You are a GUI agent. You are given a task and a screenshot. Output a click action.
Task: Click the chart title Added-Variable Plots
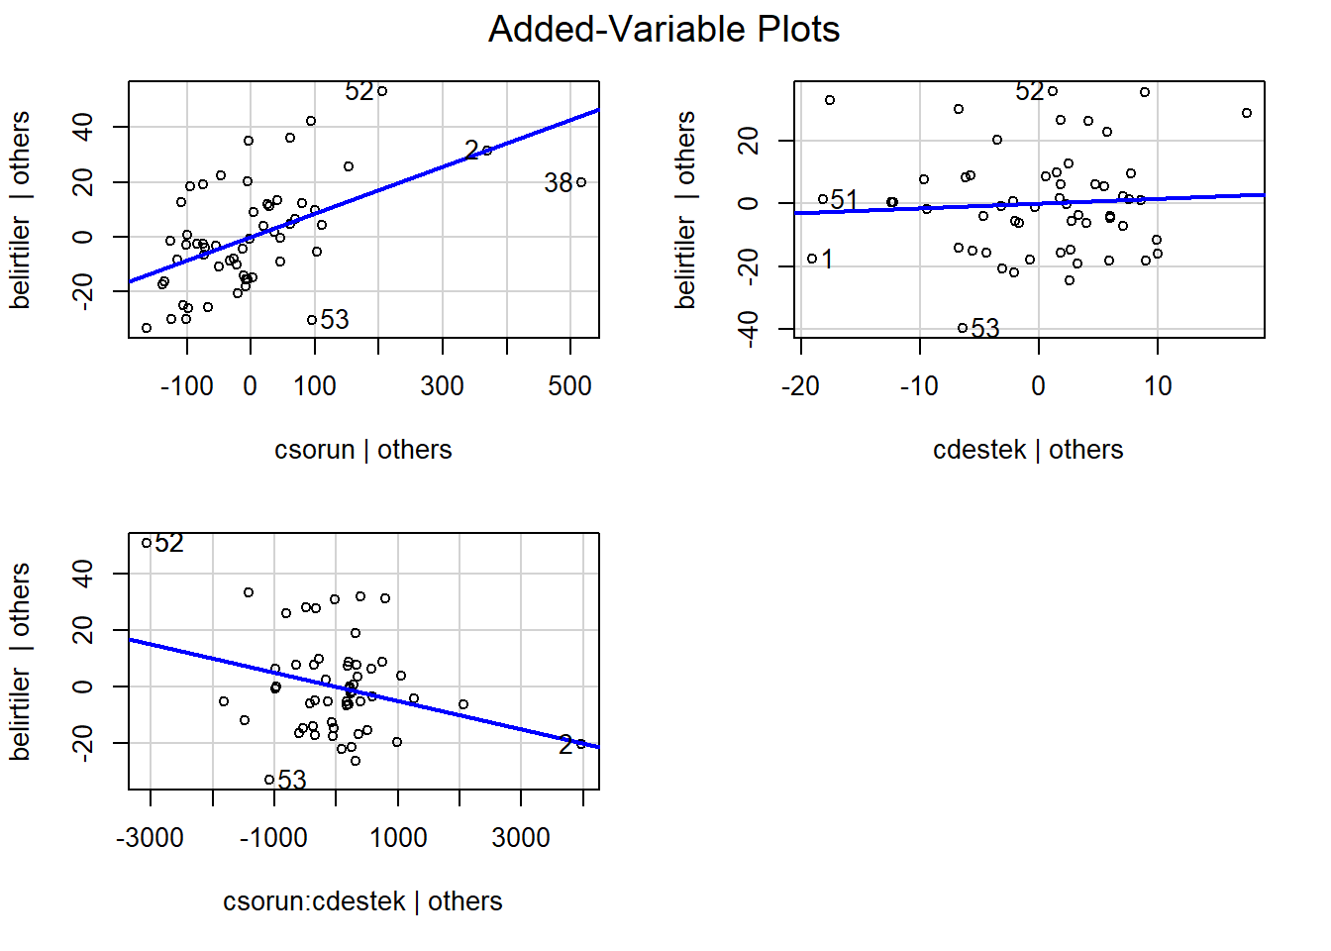tap(664, 30)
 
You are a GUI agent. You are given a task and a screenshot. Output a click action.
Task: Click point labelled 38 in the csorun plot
tap(581, 182)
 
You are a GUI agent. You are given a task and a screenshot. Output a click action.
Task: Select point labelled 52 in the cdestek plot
tap(1053, 92)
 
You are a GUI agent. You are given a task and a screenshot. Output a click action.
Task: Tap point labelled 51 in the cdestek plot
tap(823, 200)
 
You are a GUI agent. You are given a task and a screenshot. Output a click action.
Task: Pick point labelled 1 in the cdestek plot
tap(812, 259)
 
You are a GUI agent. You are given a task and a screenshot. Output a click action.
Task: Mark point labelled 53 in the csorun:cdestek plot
tap(269, 780)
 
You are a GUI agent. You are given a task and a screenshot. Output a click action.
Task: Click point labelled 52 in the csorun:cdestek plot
tap(147, 543)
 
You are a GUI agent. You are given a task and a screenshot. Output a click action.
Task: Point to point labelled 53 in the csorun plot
tap(312, 320)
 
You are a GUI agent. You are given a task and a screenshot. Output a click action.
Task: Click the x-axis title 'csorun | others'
tap(362, 450)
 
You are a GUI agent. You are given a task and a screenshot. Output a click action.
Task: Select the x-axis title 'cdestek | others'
tap(1028, 450)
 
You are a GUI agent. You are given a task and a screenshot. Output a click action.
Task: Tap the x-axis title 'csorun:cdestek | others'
tap(362, 901)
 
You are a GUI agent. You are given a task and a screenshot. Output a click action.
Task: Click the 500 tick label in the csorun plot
tap(569, 386)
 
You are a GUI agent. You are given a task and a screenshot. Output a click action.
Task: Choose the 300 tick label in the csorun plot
tap(442, 386)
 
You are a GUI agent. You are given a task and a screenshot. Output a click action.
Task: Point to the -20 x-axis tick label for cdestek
tap(800, 386)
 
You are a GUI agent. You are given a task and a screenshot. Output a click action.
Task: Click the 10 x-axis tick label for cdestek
tap(1158, 386)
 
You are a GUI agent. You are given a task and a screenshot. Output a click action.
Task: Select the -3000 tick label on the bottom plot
tap(150, 838)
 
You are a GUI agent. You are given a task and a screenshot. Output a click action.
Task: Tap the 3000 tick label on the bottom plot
tap(521, 838)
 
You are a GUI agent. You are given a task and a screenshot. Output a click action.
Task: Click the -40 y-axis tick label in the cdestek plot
tap(749, 328)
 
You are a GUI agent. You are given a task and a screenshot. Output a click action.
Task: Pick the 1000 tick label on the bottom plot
tap(398, 838)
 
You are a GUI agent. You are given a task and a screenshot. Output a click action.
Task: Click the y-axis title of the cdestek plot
tap(685, 210)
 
